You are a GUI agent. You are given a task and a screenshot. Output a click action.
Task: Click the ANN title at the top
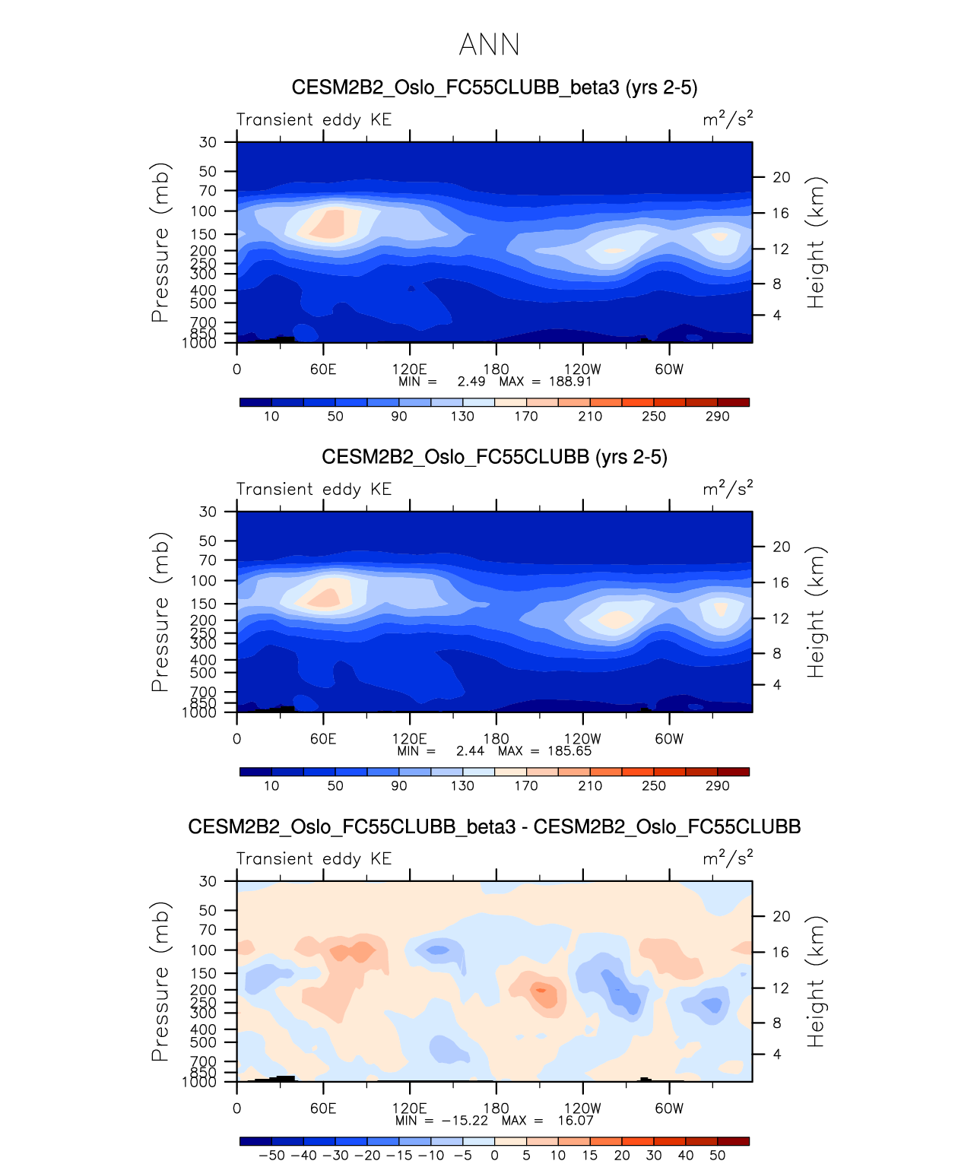click(x=489, y=45)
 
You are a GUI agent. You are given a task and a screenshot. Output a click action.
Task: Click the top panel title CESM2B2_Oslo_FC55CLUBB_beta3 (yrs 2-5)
click(x=494, y=87)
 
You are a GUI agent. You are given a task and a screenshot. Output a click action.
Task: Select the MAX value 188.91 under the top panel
click(x=570, y=382)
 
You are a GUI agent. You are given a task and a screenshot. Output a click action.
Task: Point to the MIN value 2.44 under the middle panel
click(x=470, y=751)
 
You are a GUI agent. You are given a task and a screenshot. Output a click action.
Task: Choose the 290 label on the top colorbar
click(x=717, y=417)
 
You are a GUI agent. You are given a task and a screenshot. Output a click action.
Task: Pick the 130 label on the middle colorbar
click(x=462, y=786)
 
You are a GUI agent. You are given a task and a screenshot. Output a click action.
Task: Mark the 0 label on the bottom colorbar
click(x=494, y=1156)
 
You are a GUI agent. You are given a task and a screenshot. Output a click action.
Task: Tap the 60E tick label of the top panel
click(x=323, y=369)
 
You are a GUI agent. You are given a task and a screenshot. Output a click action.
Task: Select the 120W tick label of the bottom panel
click(x=582, y=1108)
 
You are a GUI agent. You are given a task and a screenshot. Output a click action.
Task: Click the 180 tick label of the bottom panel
click(x=496, y=1108)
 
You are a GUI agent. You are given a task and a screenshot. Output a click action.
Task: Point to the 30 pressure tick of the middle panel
click(x=208, y=512)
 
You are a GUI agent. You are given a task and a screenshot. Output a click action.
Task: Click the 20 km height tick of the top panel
click(x=782, y=177)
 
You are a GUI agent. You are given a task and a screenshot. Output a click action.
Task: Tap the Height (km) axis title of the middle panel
click(x=816, y=612)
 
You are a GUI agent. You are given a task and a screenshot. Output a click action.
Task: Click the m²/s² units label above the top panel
click(x=728, y=119)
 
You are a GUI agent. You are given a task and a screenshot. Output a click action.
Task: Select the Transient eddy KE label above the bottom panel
click(x=314, y=859)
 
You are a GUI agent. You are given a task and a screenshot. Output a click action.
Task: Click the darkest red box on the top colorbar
click(x=733, y=402)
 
